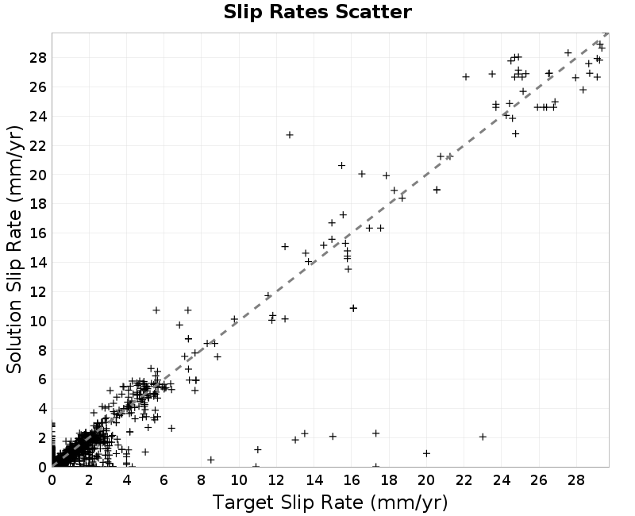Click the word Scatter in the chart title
click(x=373, y=12)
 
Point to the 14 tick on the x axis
click(x=314, y=480)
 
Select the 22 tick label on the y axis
click(x=38, y=145)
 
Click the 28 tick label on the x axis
click(x=576, y=480)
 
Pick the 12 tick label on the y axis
click(x=38, y=291)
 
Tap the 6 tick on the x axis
click(x=164, y=480)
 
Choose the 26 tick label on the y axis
click(x=38, y=87)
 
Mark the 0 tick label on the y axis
click(x=43, y=467)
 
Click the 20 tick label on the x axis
click(x=426, y=480)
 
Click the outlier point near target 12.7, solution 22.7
click(x=290, y=135)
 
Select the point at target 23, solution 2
click(x=483, y=437)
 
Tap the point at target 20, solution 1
click(x=426, y=453)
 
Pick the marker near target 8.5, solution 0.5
click(x=210, y=460)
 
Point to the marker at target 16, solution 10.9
click(x=353, y=308)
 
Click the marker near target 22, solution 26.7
click(x=466, y=76)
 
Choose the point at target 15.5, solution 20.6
click(x=341, y=165)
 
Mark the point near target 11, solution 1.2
click(x=257, y=449)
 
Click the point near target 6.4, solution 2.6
click(x=171, y=428)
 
